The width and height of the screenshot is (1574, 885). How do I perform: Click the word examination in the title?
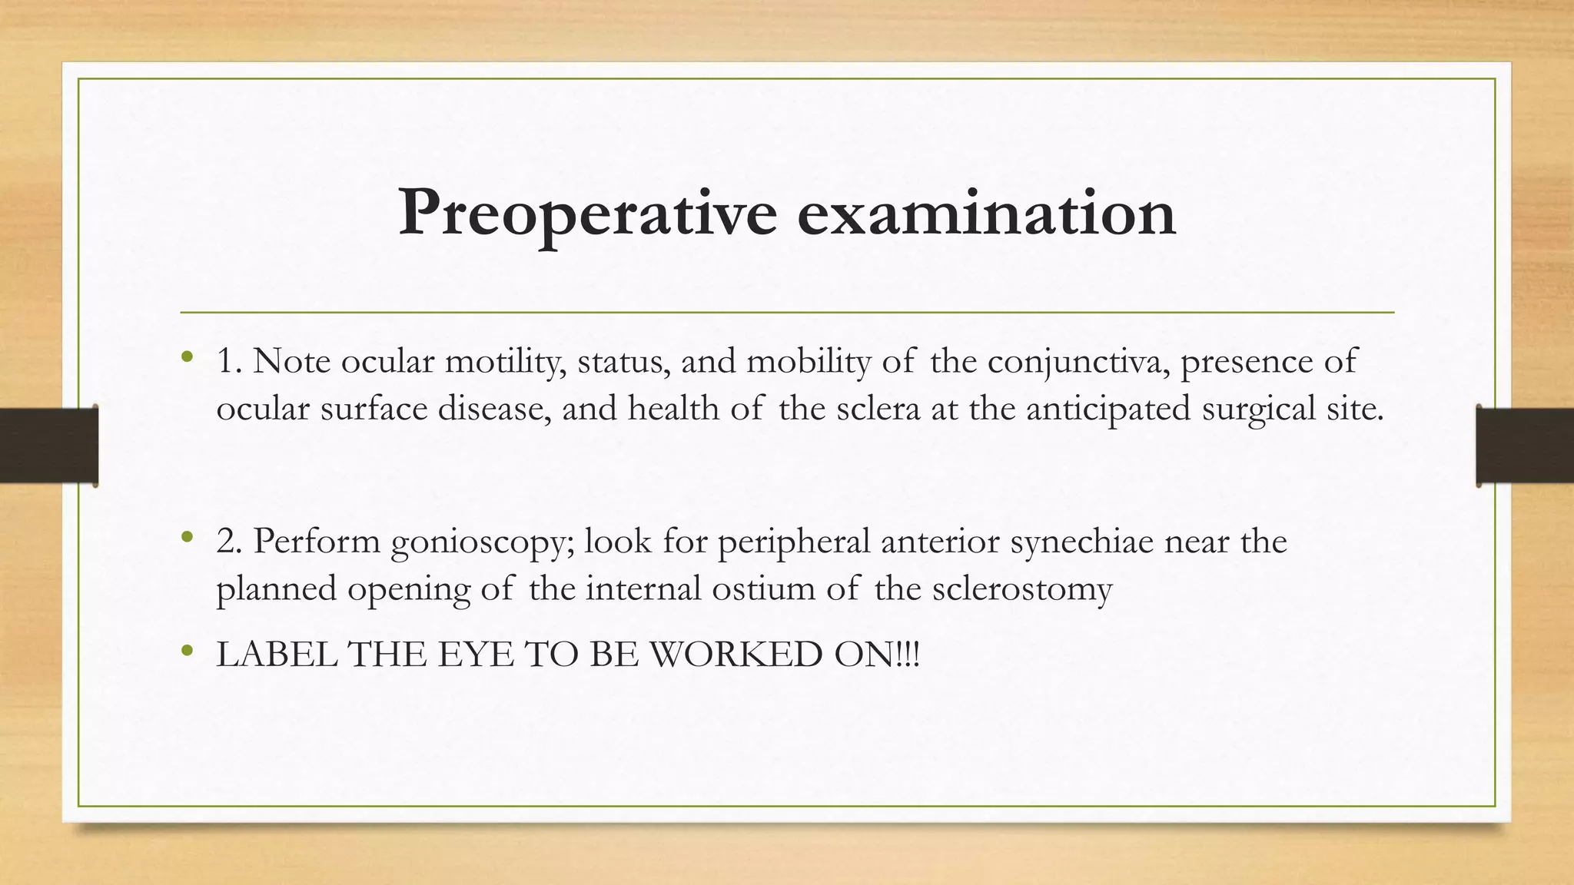click(x=986, y=214)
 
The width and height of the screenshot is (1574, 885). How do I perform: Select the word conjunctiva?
click(x=1079, y=361)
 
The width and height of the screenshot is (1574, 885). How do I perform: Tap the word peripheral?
click(x=795, y=542)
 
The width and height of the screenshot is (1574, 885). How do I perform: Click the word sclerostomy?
click(x=1022, y=588)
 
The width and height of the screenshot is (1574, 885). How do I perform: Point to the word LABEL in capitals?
click(x=277, y=655)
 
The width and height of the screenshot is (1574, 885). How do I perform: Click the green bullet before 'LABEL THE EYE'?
click(x=187, y=652)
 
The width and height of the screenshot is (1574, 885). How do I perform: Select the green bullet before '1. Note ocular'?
click(x=187, y=357)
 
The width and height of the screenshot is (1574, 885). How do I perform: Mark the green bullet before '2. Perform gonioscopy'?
click(x=187, y=538)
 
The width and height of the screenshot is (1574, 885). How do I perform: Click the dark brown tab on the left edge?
click(x=48, y=446)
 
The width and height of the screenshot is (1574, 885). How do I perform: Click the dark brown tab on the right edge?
click(x=1525, y=446)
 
